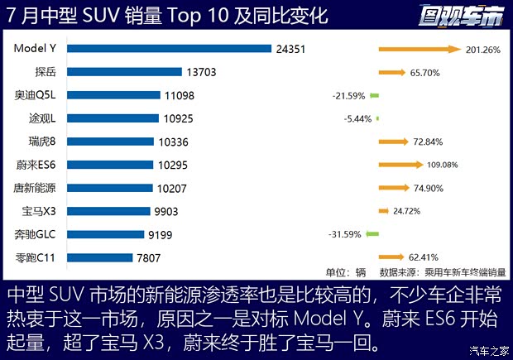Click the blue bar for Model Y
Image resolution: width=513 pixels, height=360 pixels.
coord(169,49)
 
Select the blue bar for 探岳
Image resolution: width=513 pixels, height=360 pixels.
coord(124,72)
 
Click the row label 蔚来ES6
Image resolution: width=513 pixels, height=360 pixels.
coord(36,165)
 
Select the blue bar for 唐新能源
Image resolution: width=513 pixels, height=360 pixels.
coord(109,188)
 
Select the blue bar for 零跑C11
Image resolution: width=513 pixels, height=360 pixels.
coord(98,257)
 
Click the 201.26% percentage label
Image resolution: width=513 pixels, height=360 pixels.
coord(483,50)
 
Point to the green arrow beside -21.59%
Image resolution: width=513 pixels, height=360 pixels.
coord(374,96)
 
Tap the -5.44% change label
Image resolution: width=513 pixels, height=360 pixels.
coord(357,119)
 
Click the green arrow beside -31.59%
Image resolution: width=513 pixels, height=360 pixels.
coord(372,234)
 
